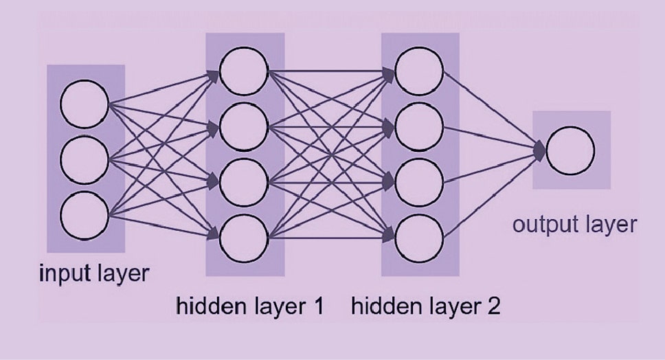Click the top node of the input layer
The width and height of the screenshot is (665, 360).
point(84,104)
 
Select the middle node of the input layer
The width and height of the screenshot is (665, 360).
point(84,160)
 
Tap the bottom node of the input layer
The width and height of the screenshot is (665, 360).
point(84,216)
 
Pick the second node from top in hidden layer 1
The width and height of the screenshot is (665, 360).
point(243,126)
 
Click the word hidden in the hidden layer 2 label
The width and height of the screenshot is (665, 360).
point(379,305)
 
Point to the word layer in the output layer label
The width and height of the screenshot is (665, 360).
point(613,225)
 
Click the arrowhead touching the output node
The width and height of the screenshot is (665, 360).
point(541,150)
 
